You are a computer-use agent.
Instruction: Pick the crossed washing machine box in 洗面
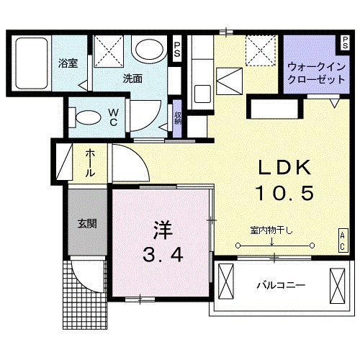110,51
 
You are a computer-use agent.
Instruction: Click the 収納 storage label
177,116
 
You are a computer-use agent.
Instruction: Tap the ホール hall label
90,163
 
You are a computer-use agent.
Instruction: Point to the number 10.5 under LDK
284,193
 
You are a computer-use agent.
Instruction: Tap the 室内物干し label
273,230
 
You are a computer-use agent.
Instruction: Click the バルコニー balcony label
281,285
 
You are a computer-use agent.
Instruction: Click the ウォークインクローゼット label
315,72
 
